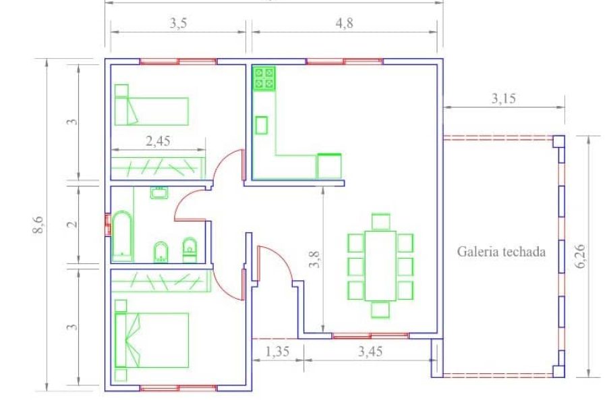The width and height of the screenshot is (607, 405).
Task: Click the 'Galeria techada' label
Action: point(501,252)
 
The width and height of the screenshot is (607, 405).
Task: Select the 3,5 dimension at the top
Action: point(178,23)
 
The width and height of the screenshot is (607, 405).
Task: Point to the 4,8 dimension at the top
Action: point(344,23)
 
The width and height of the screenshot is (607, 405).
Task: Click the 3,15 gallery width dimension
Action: point(504,99)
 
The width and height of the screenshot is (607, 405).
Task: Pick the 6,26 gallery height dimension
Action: point(581,256)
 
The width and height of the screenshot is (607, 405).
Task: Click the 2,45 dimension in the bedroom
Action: point(158,141)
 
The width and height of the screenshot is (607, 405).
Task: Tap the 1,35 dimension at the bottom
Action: point(277,352)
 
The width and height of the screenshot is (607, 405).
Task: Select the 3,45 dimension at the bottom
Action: point(370,352)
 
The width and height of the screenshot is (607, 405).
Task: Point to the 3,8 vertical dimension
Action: point(315,260)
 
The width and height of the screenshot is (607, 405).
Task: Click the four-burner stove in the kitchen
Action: point(264,78)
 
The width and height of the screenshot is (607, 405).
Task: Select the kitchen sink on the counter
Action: point(262,125)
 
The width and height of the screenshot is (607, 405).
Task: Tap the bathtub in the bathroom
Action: point(122,236)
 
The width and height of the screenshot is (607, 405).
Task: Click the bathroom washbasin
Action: point(158,192)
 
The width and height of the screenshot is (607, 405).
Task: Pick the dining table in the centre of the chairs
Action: point(380,266)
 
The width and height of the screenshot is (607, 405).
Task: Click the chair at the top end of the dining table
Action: point(381,221)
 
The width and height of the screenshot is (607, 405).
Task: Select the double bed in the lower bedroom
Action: point(152,340)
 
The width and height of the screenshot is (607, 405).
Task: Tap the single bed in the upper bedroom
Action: point(152,111)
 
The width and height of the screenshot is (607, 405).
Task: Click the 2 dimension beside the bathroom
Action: point(72,225)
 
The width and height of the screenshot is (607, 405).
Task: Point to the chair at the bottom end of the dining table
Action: point(380,310)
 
